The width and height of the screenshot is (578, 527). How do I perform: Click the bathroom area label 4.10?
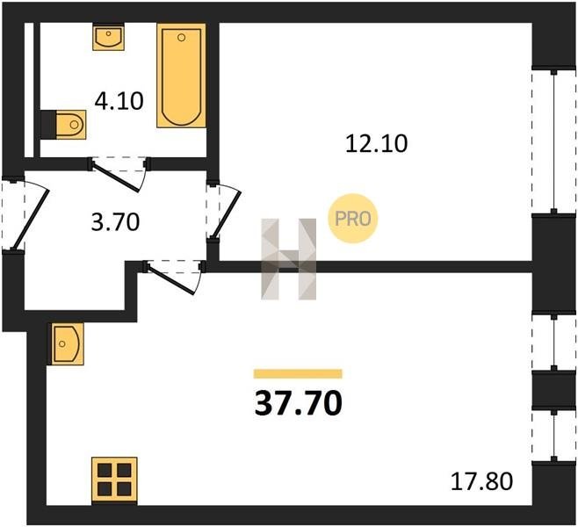[119, 101]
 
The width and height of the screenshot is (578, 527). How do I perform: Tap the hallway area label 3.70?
[115, 222]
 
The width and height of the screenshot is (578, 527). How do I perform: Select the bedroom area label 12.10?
[376, 143]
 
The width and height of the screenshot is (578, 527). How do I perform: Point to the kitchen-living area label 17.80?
[481, 481]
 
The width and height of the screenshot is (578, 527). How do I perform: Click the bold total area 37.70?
[298, 403]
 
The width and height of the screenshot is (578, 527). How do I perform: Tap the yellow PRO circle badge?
[353, 219]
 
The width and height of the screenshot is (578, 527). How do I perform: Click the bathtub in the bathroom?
[181, 76]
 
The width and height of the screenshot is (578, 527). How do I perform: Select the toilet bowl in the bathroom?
[71, 125]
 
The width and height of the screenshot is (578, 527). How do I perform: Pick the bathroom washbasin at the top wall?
[108, 37]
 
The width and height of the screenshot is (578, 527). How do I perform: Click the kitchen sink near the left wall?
[68, 343]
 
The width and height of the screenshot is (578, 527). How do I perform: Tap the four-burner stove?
[114, 480]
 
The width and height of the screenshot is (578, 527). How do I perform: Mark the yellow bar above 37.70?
[298, 373]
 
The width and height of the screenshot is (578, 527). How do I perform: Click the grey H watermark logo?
[289, 259]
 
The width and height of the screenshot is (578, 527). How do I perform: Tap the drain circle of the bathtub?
[181, 38]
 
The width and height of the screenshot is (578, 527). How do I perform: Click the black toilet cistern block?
[48, 125]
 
